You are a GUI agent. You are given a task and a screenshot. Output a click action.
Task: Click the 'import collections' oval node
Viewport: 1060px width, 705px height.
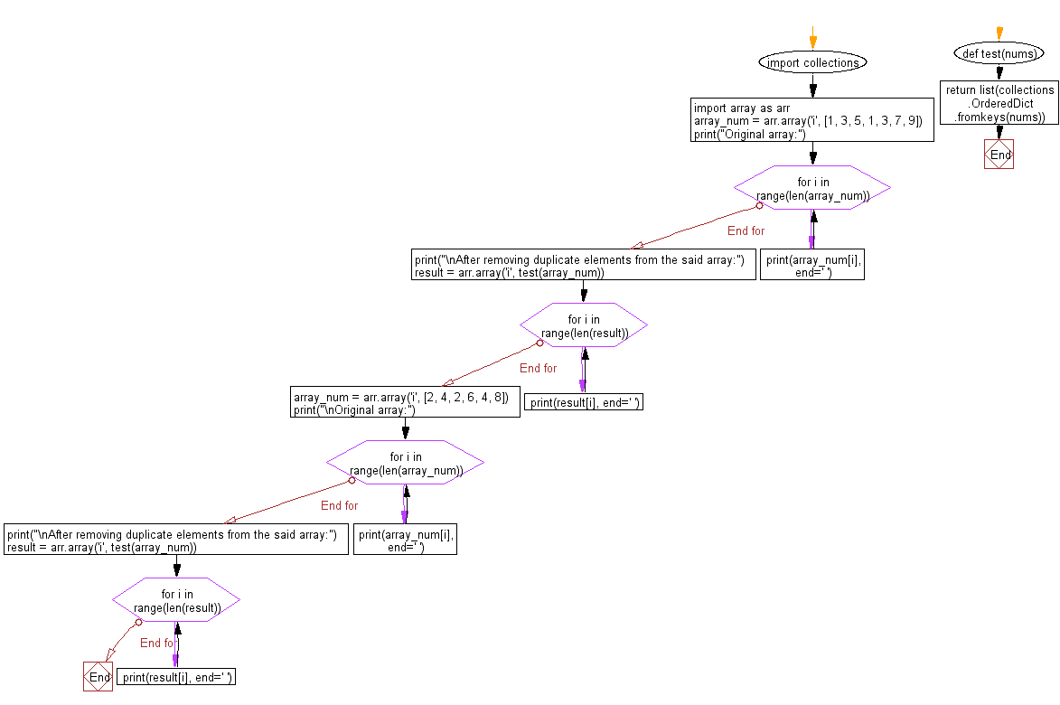(812, 62)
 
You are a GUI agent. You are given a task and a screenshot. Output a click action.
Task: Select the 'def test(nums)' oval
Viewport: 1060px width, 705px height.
(999, 54)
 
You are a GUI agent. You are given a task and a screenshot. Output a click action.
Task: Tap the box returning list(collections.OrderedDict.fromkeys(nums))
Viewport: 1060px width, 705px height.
(999, 103)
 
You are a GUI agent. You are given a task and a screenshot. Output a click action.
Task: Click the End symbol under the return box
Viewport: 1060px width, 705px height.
(999, 155)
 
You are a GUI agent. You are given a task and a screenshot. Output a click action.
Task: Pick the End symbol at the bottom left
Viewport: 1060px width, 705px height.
(98, 677)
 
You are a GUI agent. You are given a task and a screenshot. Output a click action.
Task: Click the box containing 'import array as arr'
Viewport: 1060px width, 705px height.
(812, 120)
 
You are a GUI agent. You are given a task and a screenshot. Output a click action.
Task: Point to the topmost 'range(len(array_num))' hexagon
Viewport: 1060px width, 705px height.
(812, 188)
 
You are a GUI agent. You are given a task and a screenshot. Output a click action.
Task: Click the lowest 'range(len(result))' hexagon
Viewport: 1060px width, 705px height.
(176, 601)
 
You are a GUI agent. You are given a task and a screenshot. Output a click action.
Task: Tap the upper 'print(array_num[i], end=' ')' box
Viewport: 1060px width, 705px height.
(812, 266)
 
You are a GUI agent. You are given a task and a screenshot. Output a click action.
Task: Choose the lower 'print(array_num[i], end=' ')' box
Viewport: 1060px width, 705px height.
(405, 540)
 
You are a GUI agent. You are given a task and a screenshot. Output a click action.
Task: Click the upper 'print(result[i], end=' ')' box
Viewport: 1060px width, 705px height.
(584, 402)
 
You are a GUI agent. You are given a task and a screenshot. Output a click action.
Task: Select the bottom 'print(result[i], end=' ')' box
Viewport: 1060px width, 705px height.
(176, 677)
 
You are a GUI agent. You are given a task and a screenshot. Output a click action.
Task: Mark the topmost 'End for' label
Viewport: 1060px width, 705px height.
(746, 230)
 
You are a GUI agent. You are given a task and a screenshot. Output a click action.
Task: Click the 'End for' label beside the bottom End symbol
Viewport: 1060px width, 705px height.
(156, 643)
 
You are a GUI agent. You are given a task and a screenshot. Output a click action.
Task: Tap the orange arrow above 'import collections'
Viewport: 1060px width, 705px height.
(812, 40)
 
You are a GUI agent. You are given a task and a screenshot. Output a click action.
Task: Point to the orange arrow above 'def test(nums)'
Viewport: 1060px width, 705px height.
(999, 33)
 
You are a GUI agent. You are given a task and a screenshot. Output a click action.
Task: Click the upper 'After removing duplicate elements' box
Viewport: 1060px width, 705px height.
(583, 266)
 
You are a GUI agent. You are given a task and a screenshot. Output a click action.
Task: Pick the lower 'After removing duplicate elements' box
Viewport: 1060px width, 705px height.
(176, 540)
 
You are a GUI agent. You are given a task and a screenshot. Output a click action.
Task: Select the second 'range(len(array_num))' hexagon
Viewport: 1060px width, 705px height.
(405, 463)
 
